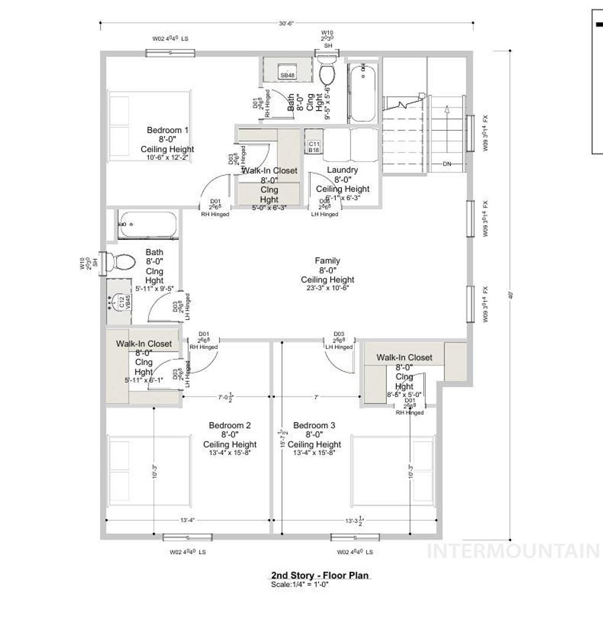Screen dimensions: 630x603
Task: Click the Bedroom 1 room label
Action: pos(168,130)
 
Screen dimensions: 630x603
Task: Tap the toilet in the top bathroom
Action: pos(327,74)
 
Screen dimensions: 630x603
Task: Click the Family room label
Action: pos(327,260)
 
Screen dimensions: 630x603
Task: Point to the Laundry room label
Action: pos(342,170)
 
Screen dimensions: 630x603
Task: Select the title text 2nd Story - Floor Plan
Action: pos(321,575)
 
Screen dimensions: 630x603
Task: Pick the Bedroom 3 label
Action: pos(314,426)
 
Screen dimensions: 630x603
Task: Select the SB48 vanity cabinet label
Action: pos(287,75)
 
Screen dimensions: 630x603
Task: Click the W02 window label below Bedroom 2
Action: pos(188,553)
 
